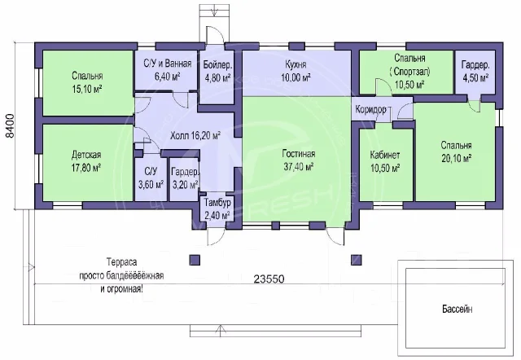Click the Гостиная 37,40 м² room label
pos(299,160)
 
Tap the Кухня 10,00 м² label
pos(296,71)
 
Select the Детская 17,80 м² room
pos(86,161)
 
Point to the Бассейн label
pos(458,309)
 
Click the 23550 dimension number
pos(269,279)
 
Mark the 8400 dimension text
pos(11,126)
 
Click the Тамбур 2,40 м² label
pos(217,209)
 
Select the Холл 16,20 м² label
pos(195,136)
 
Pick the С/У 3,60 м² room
pos(151,178)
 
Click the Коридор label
pos(370,109)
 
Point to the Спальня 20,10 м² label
pos(457,152)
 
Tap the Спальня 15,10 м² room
pos(87,82)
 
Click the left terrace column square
pos(195,260)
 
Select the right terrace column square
pos(357,260)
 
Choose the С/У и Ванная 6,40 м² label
pos(168,70)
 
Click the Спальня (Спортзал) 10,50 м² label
pos(409,71)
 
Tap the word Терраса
pos(121,262)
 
